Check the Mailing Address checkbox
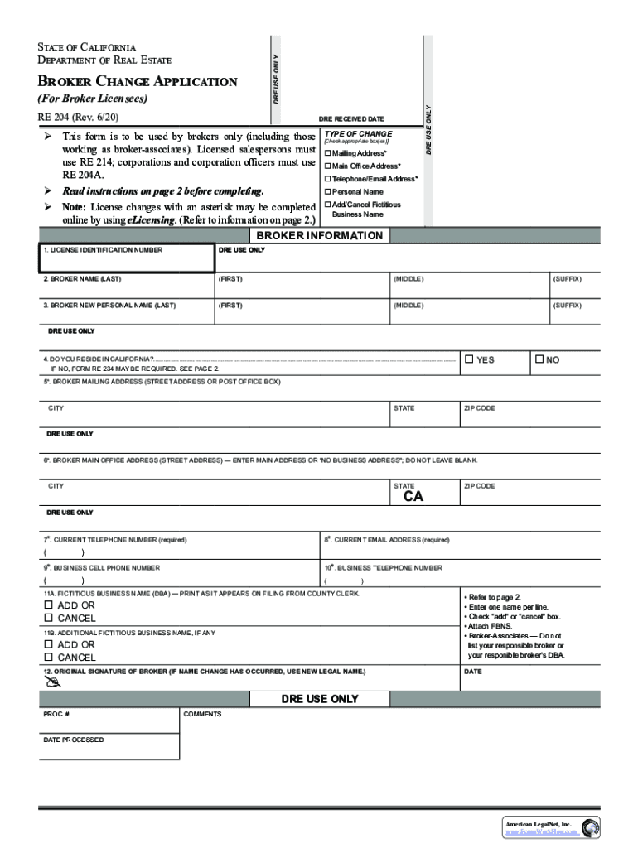click(x=328, y=154)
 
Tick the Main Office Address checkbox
click(x=328, y=166)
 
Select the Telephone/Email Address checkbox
click(x=328, y=179)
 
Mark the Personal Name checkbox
click(x=328, y=192)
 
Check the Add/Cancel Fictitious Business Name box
click(x=328, y=205)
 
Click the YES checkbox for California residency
click(x=469, y=359)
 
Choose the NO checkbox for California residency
click(x=539, y=359)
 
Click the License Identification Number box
click(x=126, y=258)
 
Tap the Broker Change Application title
click(x=138, y=81)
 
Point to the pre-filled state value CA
click(x=413, y=498)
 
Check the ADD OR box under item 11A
click(x=49, y=605)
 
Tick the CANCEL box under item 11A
click(x=49, y=618)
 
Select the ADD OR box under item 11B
click(x=49, y=644)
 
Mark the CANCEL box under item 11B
click(x=49, y=657)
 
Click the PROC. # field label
click(x=56, y=714)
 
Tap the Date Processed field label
click(x=74, y=740)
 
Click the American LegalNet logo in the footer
click(x=590, y=827)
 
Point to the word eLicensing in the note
click(x=152, y=220)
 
